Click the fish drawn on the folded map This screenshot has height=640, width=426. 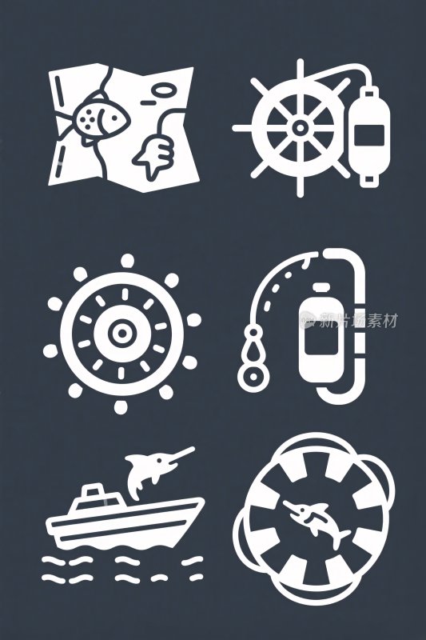[x=94, y=118]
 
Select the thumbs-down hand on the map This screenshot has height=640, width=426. [x=154, y=152]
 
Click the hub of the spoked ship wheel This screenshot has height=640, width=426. [x=299, y=127]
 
